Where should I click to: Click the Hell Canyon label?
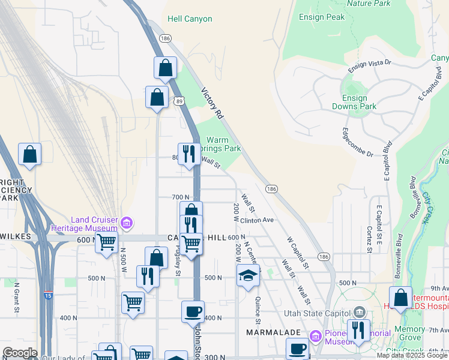(190, 19)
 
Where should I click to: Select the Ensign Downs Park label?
(354, 102)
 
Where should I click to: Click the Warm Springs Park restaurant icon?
(190, 154)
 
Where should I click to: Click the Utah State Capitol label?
(323, 312)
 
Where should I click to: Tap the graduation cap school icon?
(248, 276)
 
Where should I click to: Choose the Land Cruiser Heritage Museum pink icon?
(126, 224)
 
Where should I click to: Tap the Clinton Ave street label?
(257, 220)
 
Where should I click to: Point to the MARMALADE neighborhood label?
(269, 332)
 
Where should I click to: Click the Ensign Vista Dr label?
(370, 62)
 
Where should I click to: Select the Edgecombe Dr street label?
(357, 142)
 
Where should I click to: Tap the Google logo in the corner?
(19, 353)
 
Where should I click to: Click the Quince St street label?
(258, 306)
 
